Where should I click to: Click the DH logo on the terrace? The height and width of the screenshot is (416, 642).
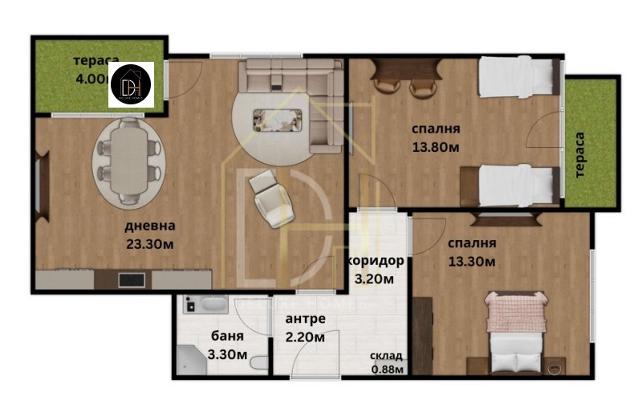click(131, 84)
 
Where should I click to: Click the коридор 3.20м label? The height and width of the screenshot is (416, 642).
click(375, 270)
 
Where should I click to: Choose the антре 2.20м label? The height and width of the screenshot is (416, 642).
click(306, 328)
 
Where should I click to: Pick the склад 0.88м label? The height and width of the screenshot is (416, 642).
click(386, 362)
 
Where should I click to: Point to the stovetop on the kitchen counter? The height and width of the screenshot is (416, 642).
click(131, 280)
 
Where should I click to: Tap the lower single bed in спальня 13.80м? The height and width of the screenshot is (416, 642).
click(515, 186)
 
